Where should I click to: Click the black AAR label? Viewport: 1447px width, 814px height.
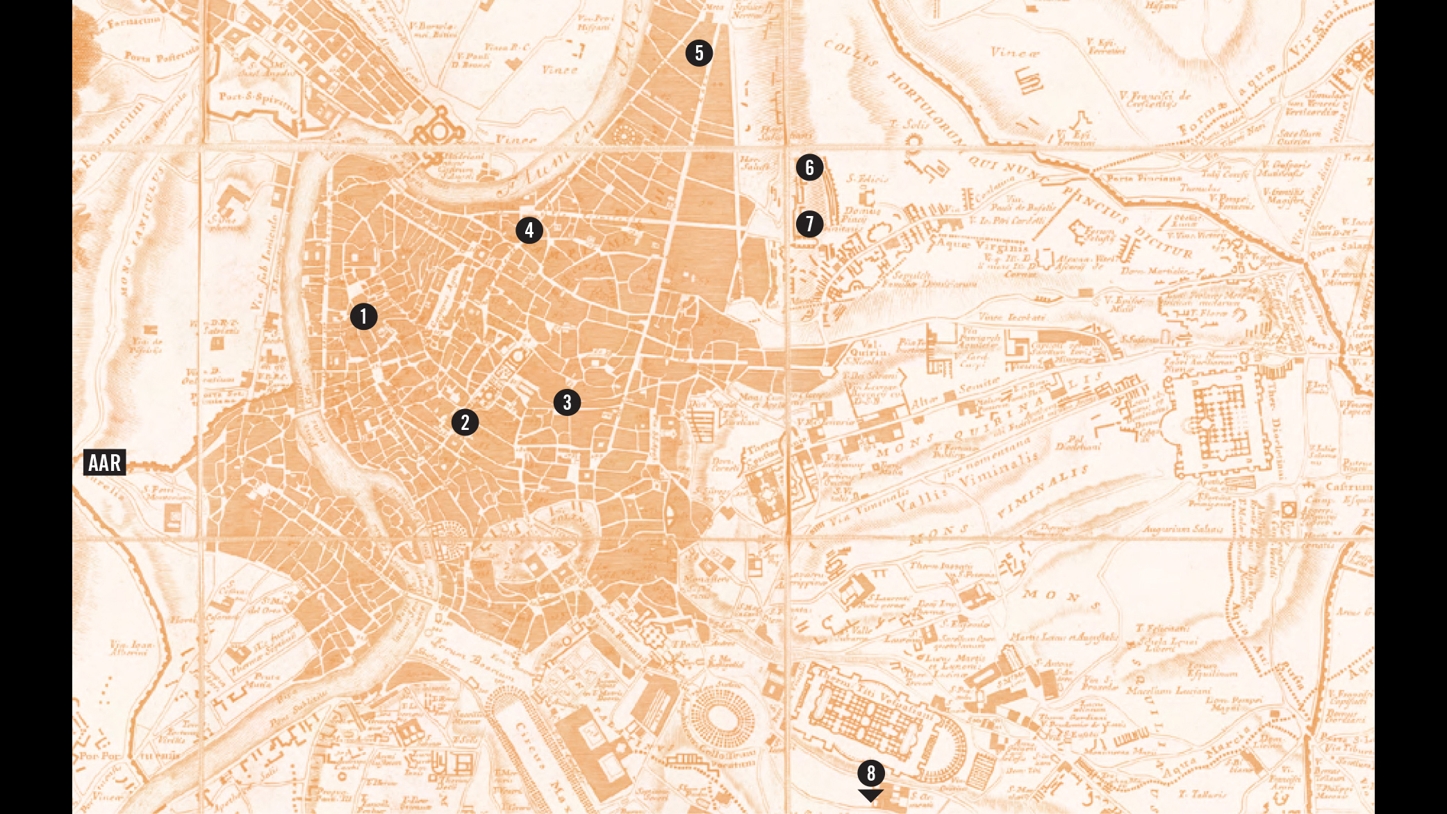pyautogui.click(x=104, y=462)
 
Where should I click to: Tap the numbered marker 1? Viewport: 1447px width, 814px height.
pyautogui.click(x=363, y=316)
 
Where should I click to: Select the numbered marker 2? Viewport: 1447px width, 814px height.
pyautogui.click(x=465, y=422)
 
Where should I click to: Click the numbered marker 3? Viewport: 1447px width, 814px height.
pyautogui.click(x=567, y=401)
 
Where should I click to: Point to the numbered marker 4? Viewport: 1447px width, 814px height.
pyautogui.click(x=529, y=230)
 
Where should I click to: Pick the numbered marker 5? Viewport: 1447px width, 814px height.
pyautogui.click(x=699, y=53)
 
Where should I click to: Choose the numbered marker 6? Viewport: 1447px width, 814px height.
pyautogui.click(x=809, y=167)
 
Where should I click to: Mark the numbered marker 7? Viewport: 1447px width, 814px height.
pyautogui.click(x=809, y=224)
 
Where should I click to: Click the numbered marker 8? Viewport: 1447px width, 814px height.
pyautogui.click(x=870, y=772)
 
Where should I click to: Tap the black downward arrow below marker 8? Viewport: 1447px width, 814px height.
pyautogui.click(x=870, y=795)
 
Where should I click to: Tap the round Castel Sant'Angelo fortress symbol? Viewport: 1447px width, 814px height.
pyautogui.click(x=440, y=130)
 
